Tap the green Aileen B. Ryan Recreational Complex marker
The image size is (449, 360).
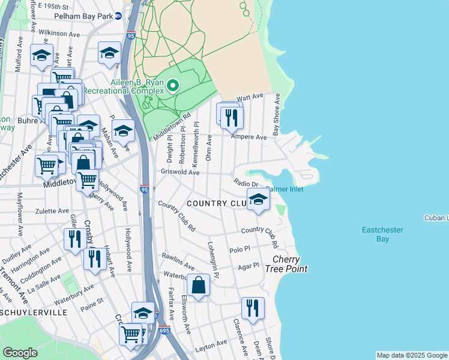[173, 86]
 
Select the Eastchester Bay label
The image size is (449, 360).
[382, 234]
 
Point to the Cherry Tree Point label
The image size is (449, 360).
[290, 264]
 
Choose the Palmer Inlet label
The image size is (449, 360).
[285, 189]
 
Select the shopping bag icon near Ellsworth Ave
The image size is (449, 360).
[198, 284]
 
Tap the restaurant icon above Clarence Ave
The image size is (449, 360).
[253, 308]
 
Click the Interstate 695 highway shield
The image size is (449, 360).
[165, 330]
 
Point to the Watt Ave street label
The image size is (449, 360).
[250, 97]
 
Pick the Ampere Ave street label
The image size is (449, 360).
[253, 137]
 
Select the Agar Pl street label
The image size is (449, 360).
[248, 265]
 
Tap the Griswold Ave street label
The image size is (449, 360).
[179, 172]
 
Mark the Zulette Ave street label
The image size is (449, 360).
[52, 211]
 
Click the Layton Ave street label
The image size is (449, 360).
[211, 344]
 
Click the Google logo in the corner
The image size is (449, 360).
[20, 352]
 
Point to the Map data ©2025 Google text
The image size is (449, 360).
[412, 355]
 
